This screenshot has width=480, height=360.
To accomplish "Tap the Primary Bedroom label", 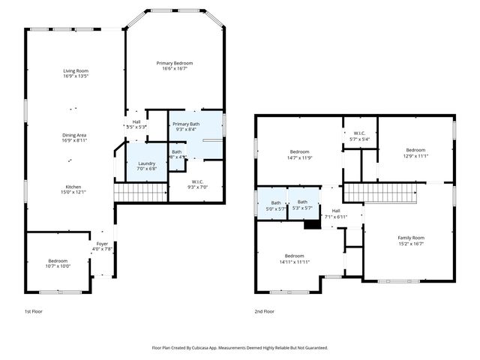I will pos(175,63).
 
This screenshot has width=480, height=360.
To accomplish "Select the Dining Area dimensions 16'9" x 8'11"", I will pos(75,140).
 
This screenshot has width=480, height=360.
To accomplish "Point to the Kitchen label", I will pos(73,187).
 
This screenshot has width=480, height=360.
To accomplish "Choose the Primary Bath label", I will pos(185,124).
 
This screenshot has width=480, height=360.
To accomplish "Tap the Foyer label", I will pos(100,244).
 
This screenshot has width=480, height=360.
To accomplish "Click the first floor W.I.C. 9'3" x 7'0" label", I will pos(198,182).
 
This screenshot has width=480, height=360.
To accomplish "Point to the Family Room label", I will pos(410,238).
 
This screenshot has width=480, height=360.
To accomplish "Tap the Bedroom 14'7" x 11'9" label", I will pos(300,152).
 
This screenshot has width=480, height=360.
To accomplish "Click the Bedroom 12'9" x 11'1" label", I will pos(415,150).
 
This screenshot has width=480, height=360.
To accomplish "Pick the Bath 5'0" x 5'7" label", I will pos(276,202).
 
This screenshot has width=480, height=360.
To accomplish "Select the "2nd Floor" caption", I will pos(264,311).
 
